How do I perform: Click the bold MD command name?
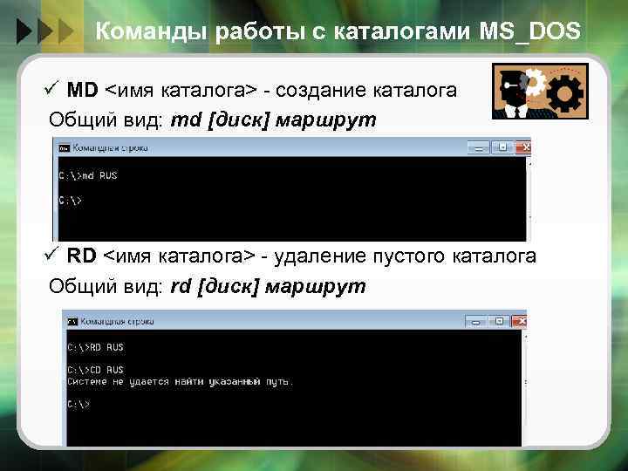coord(83,90)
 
